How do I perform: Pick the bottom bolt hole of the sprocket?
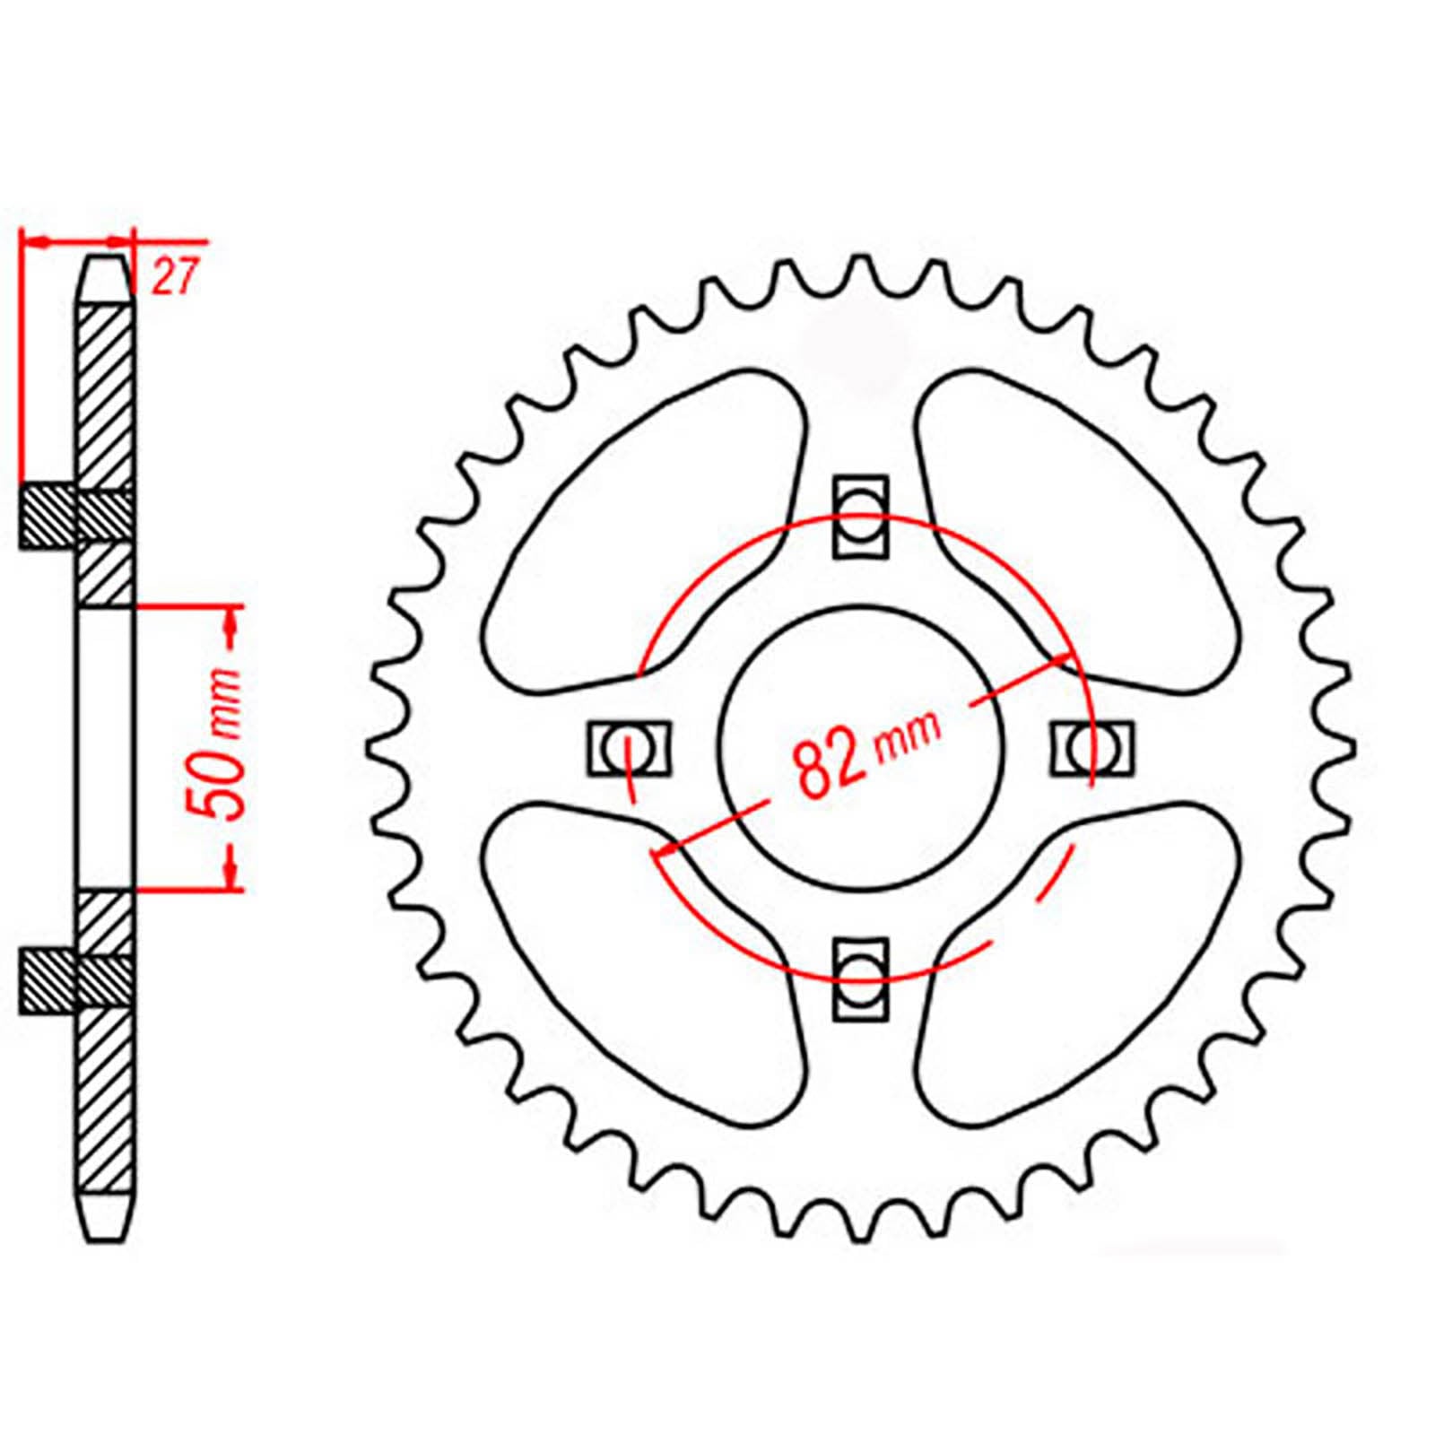862,978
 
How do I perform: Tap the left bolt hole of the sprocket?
629,747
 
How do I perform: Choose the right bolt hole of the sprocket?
1091,747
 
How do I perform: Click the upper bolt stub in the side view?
47,517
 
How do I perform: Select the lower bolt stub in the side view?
47,982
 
